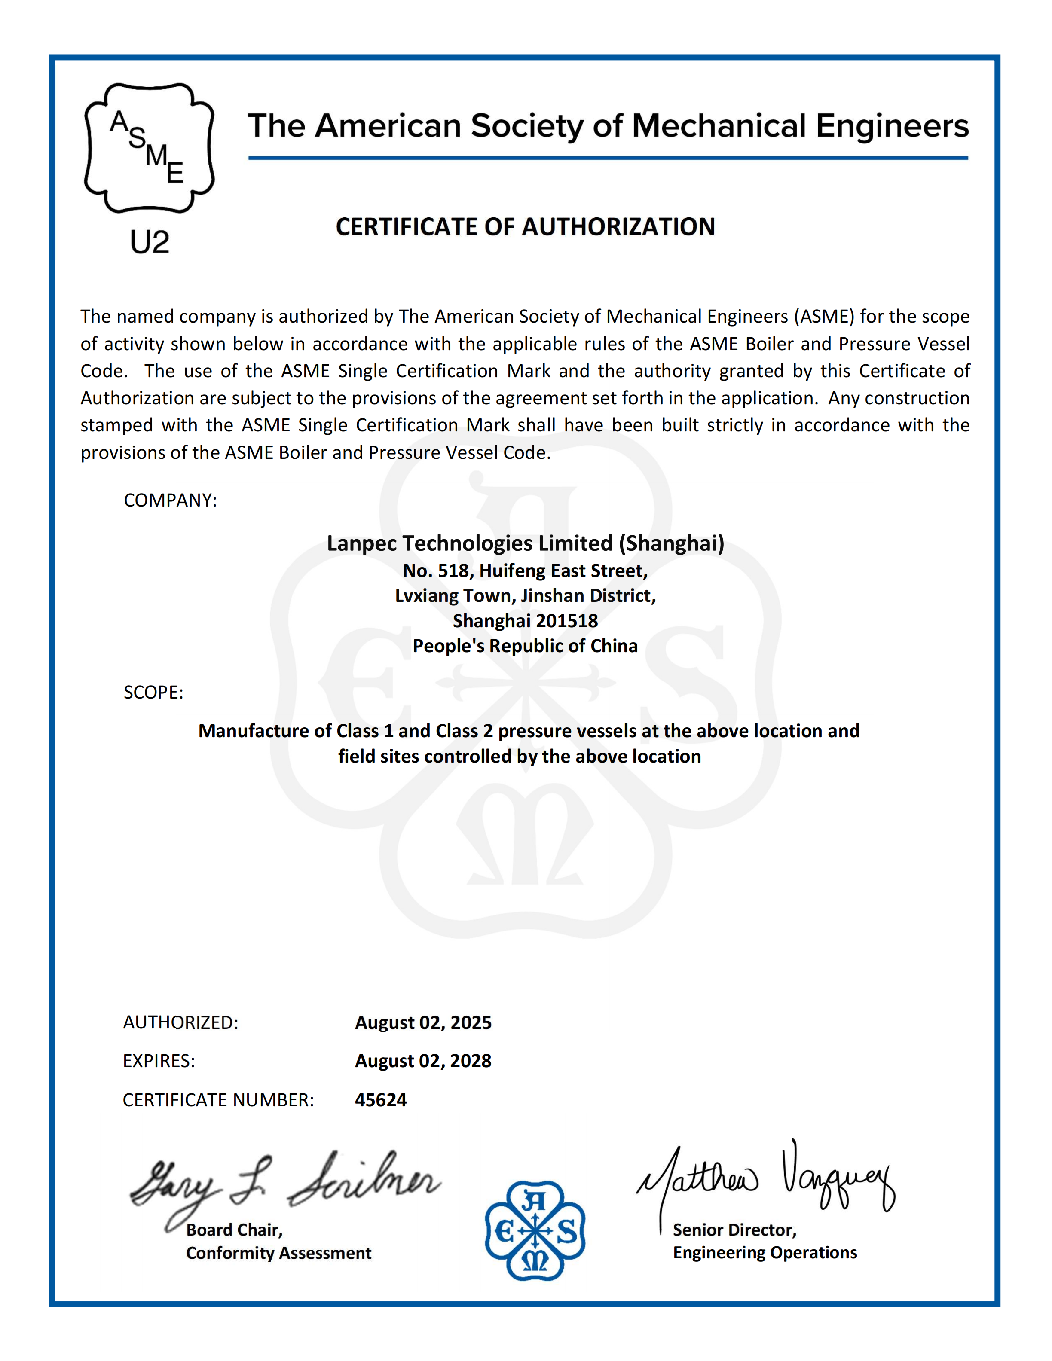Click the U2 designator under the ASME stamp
150,242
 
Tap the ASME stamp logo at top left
150,148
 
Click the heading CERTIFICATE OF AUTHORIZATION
526,227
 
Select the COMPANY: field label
170,500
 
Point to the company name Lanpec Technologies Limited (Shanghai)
526,543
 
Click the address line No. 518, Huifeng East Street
526,571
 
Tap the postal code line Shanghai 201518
526,621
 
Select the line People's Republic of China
526,646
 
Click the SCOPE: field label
153,693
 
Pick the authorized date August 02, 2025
423,1022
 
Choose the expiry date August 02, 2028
423,1061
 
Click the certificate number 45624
381,1100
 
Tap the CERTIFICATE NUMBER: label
218,1100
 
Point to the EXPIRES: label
159,1061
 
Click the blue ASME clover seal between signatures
535,1231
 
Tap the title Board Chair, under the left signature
234,1230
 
